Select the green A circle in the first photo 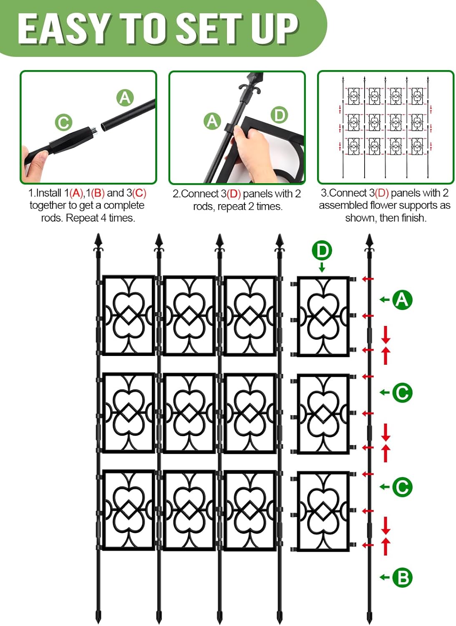(x=125, y=98)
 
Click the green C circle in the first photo (x=63, y=123)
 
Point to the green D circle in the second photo (x=279, y=115)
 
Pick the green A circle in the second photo (x=212, y=121)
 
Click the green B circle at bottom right (x=402, y=578)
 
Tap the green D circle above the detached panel (x=322, y=251)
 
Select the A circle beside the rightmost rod (x=402, y=300)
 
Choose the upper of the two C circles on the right (x=402, y=393)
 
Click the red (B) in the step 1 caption (x=98, y=193)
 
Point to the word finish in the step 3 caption (x=413, y=218)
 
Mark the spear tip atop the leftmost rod (x=98, y=241)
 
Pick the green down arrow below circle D (x=322, y=267)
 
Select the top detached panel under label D (x=323, y=316)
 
